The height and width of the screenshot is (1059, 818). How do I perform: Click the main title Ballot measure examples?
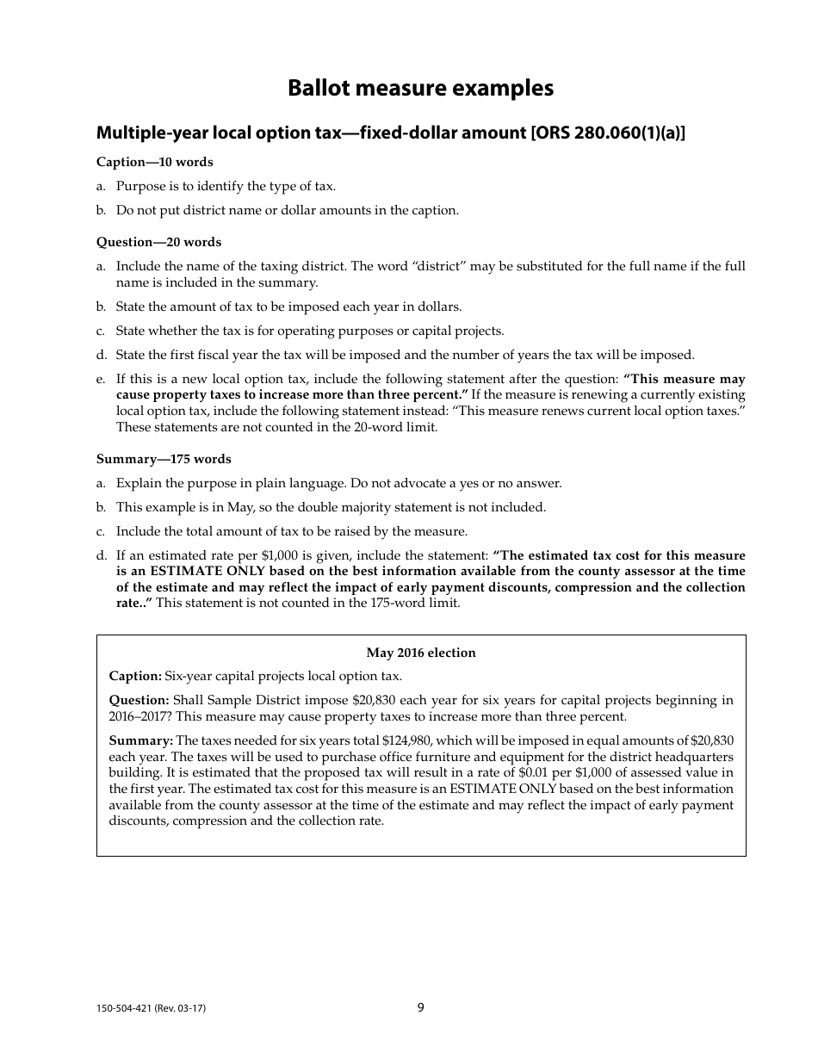(420, 89)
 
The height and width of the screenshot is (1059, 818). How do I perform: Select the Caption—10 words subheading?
(154, 162)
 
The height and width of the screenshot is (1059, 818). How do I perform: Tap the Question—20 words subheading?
(158, 242)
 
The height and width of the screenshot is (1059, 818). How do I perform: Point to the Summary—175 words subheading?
(164, 459)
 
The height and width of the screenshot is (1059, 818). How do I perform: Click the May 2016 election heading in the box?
(420, 653)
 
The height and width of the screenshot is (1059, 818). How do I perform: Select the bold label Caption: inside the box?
(135, 676)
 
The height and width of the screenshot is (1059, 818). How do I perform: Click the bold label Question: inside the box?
(139, 700)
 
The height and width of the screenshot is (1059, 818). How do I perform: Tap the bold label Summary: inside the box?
(140, 740)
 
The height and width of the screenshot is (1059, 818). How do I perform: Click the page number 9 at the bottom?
(420, 1007)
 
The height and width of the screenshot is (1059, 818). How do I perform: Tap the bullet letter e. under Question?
(101, 379)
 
